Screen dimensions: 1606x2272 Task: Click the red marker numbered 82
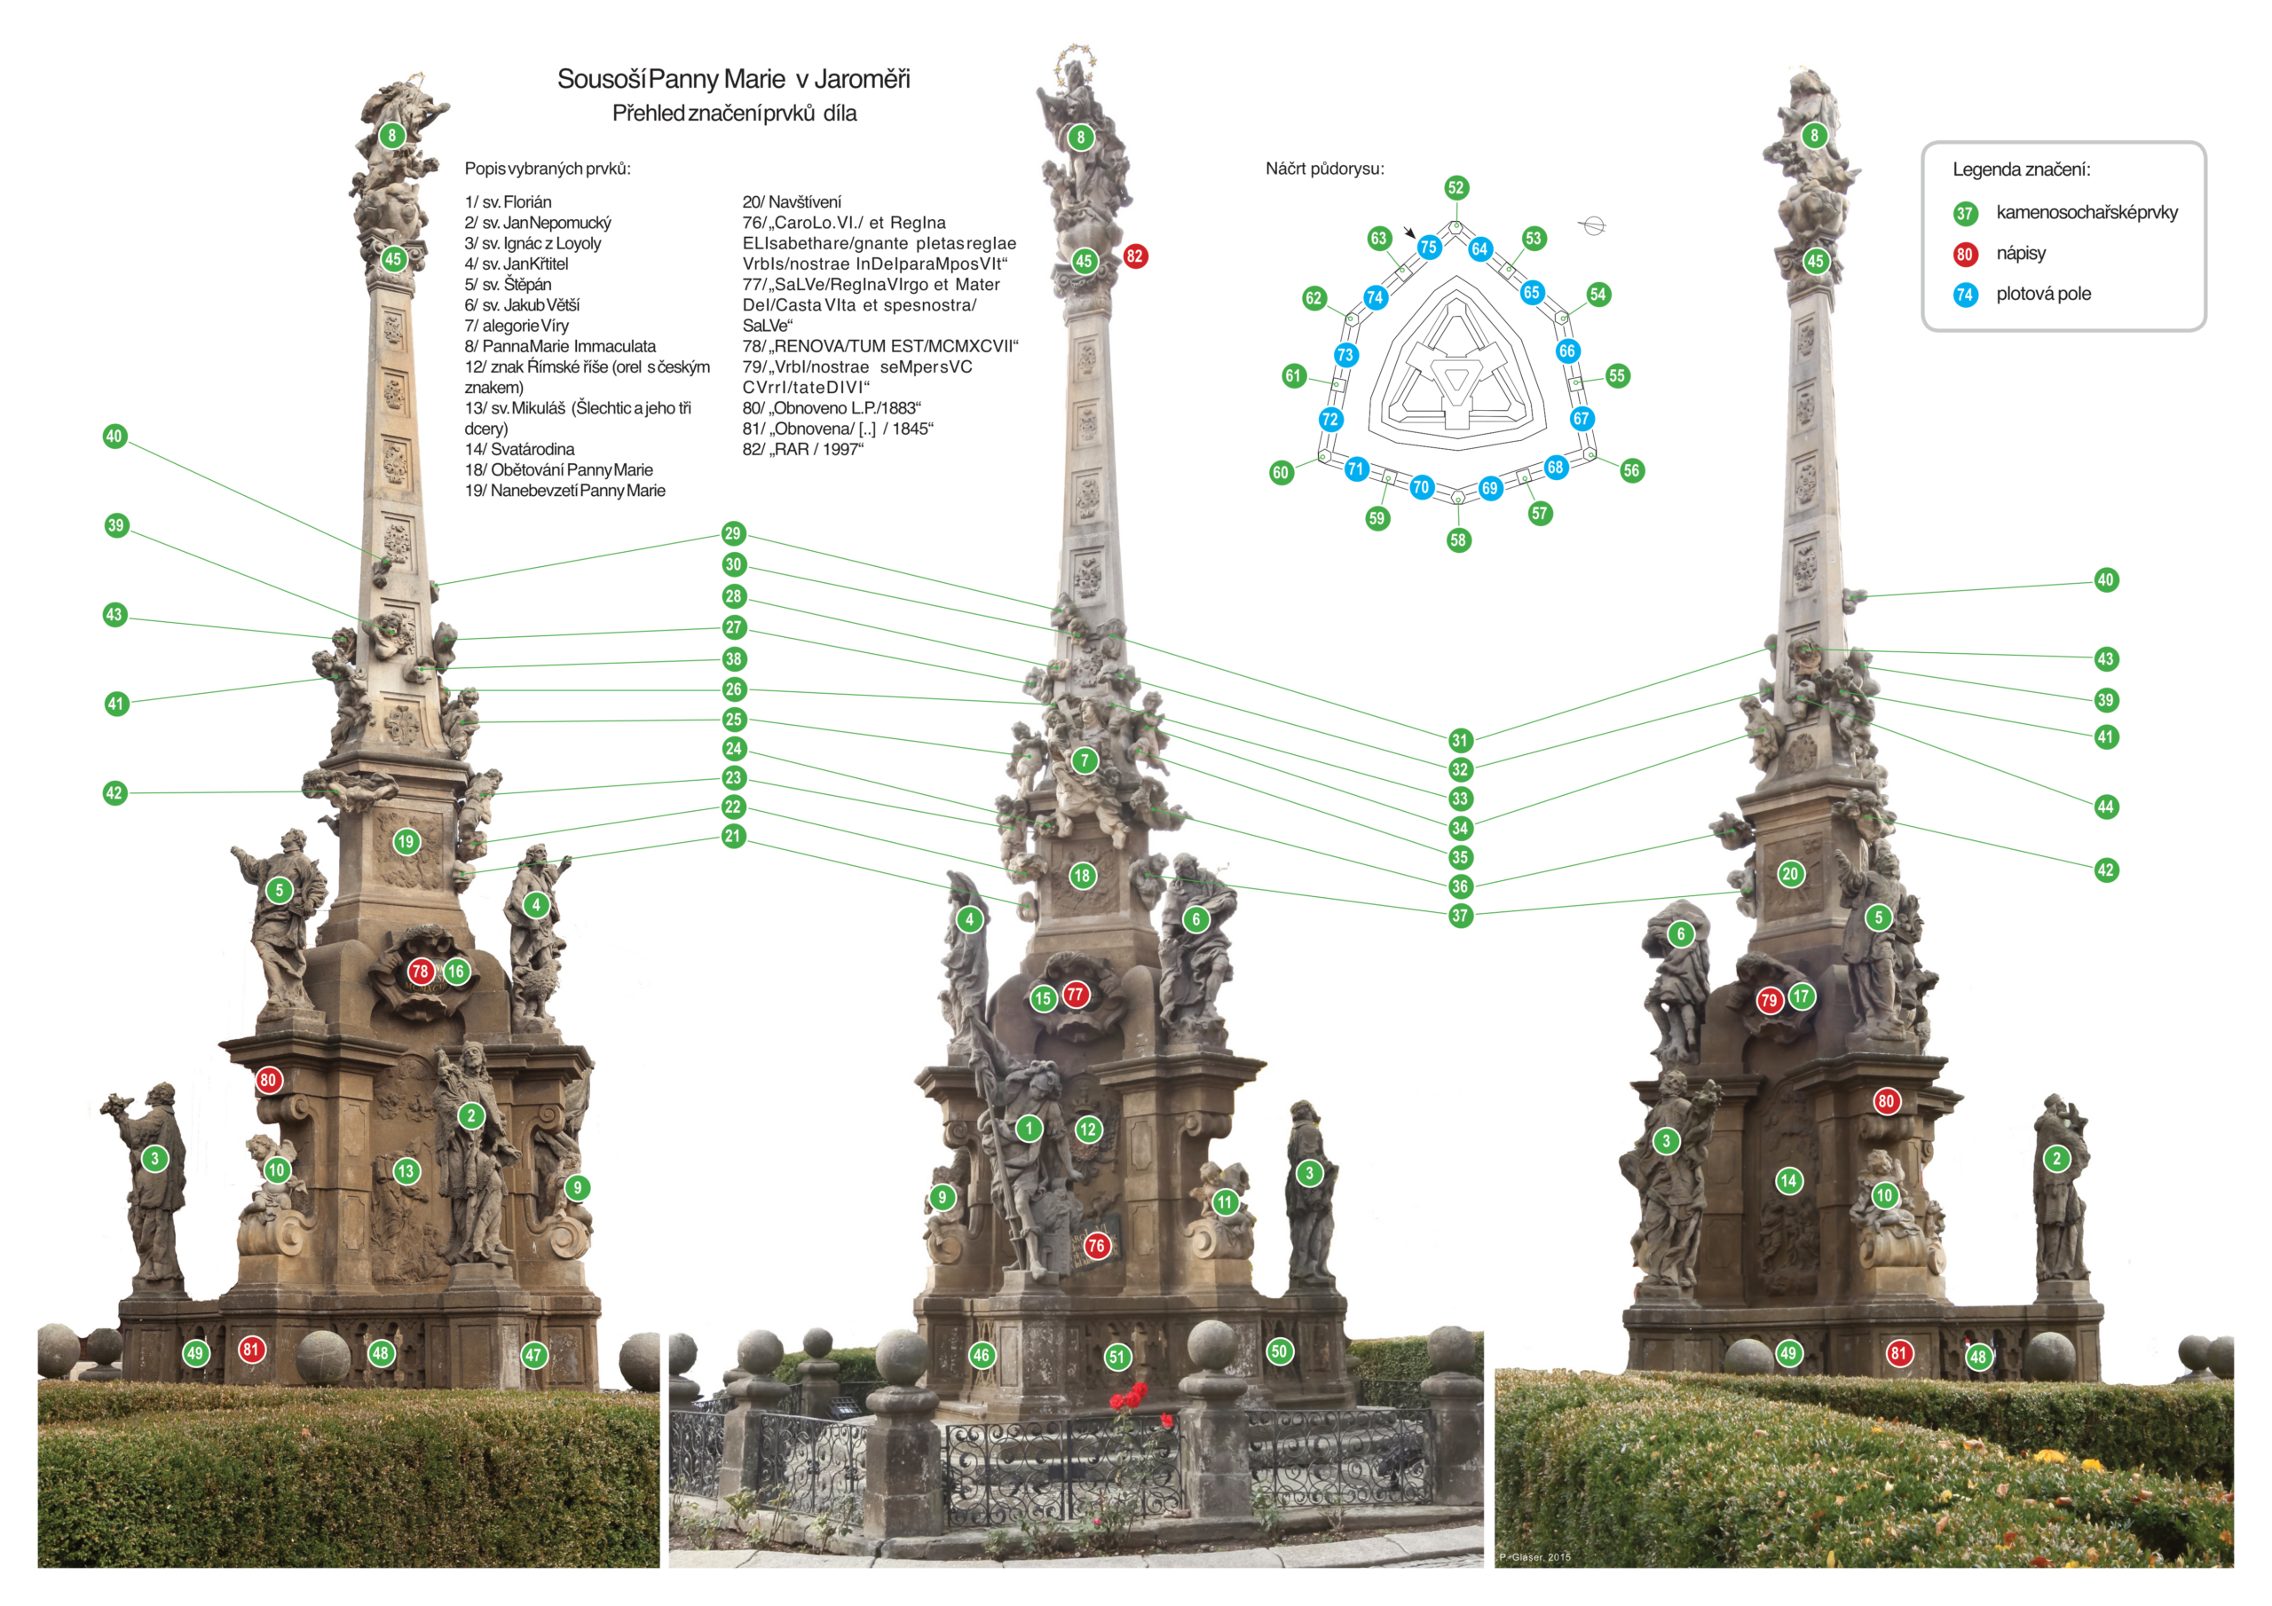click(1134, 256)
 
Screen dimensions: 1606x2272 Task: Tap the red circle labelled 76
click(1095, 1246)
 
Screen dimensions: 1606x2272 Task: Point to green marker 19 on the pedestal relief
click(406, 842)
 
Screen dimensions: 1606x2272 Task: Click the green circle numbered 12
click(1088, 1129)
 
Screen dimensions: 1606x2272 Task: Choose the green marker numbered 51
click(1117, 1357)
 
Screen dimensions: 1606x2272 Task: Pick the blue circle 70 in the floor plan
click(1421, 487)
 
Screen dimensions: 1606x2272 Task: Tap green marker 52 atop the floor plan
click(1455, 188)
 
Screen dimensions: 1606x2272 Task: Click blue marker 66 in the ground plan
click(1566, 351)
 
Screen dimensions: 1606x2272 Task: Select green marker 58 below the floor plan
click(1457, 539)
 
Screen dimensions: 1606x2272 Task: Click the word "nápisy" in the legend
click(2021, 253)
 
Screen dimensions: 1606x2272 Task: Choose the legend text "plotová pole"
click(2043, 294)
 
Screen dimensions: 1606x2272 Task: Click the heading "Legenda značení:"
click(2021, 169)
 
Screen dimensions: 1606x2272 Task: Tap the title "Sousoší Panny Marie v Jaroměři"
click(733, 79)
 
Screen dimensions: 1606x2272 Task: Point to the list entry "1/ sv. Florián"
click(508, 202)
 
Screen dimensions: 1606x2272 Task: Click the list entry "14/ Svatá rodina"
click(519, 449)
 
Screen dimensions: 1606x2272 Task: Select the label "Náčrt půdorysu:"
click(1324, 169)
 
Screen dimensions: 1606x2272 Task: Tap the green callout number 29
click(732, 533)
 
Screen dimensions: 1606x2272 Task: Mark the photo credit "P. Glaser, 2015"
click(1534, 1557)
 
